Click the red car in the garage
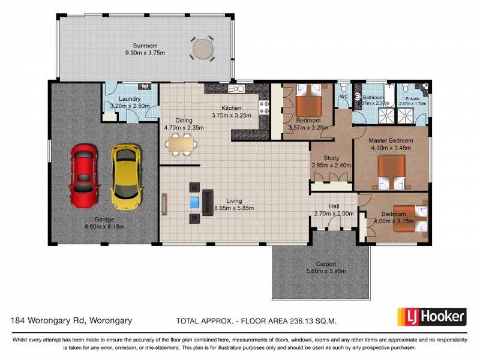coord(84,176)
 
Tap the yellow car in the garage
coord(127,177)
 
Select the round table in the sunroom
coord(203,49)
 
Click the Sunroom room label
coord(145,46)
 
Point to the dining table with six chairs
coord(181,144)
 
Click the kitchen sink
coord(236,89)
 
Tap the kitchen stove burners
coord(264,107)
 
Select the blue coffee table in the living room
coord(194,203)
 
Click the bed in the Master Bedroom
coord(392,172)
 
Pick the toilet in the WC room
coord(343,88)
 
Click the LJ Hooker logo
coord(431,317)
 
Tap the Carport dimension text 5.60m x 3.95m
coord(326,271)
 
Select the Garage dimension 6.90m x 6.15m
coord(104,227)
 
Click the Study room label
coord(331,158)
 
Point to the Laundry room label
coord(130,99)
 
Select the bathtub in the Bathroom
coord(389,95)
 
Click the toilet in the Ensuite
coord(406,88)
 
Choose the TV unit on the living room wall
coord(164,204)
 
